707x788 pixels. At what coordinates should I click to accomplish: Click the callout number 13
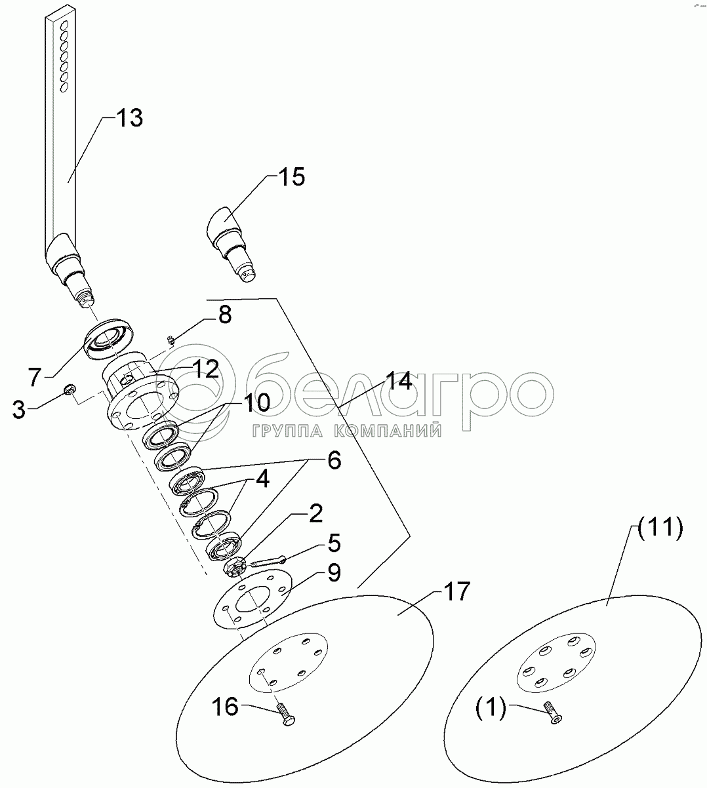point(129,119)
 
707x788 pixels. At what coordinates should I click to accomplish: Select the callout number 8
point(224,315)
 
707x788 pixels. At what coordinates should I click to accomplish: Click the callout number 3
point(20,411)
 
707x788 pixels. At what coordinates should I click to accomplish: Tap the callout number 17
point(456,591)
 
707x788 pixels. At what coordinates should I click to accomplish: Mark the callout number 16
point(226,707)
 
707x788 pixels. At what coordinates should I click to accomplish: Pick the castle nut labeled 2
point(235,567)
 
